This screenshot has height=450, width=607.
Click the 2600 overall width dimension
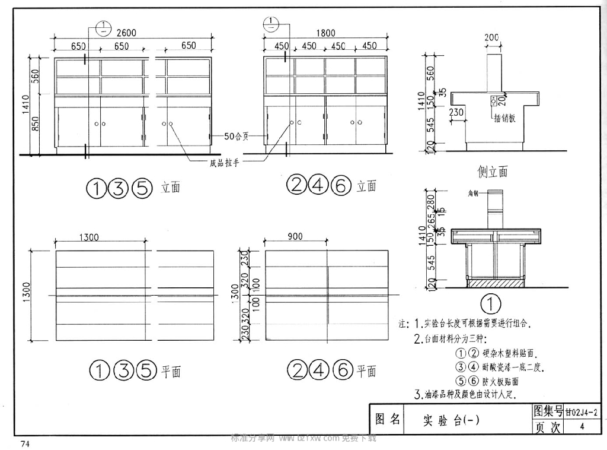pyautogui.click(x=126, y=33)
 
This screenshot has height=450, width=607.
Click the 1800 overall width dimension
pyautogui.click(x=325, y=33)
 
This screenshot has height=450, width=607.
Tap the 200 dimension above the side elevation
pyautogui.click(x=491, y=38)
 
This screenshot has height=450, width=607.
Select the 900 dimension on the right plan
pyautogui.click(x=294, y=236)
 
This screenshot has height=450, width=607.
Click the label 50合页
pyautogui.click(x=236, y=136)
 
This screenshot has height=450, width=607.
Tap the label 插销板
pyautogui.click(x=504, y=118)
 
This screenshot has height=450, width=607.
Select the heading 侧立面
pyautogui.click(x=493, y=172)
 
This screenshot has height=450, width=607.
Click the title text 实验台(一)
pyautogui.click(x=451, y=420)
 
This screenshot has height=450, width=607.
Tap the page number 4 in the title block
pyautogui.click(x=583, y=427)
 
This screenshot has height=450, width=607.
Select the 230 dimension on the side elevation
pyautogui.click(x=456, y=112)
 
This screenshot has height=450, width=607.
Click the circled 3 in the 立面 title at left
pyautogui.click(x=119, y=188)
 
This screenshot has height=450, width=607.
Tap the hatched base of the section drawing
pyautogui.click(x=494, y=284)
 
